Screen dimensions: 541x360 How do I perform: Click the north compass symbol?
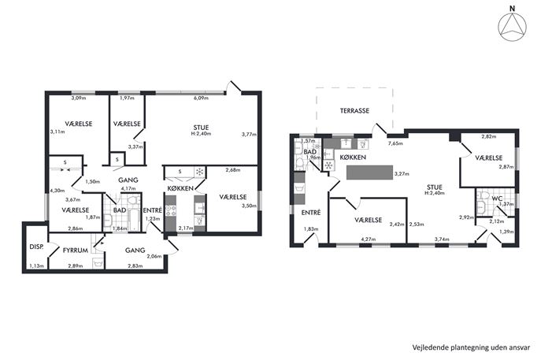(x=513, y=26)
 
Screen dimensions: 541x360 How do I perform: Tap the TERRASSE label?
(x=354, y=111)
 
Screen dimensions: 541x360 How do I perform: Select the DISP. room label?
(x=36, y=247)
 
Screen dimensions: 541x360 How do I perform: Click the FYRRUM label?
(x=76, y=251)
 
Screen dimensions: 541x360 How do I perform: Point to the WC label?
(x=497, y=199)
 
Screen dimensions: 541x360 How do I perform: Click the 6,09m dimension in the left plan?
(x=201, y=98)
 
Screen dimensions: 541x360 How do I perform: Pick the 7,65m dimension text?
(x=395, y=143)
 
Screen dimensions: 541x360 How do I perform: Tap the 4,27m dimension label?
(x=368, y=239)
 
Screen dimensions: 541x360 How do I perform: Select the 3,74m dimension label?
(x=442, y=239)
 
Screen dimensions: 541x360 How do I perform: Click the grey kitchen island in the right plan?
(x=369, y=173)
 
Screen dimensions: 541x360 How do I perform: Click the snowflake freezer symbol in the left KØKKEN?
(x=199, y=172)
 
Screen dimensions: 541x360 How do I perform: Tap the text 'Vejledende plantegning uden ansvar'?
(x=471, y=347)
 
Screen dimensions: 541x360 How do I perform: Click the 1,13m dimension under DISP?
(x=36, y=265)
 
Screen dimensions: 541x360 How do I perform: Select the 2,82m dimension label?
(x=488, y=136)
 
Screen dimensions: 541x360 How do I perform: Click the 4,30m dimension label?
(x=57, y=190)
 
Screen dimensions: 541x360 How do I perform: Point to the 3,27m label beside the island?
(x=402, y=174)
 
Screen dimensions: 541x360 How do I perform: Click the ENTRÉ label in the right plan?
(x=311, y=213)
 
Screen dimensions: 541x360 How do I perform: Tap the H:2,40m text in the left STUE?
(x=201, y=134)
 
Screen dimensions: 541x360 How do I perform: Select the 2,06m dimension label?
(x=154, y=256)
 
